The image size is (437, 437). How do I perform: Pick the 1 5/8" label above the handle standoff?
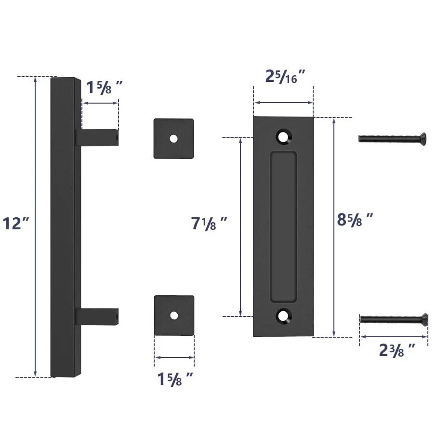104,88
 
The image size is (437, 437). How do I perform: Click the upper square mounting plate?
173,139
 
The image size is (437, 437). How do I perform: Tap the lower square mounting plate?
174,316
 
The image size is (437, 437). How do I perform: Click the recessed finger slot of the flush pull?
283,226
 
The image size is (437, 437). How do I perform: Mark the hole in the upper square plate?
173,139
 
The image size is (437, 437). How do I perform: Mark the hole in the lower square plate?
174,316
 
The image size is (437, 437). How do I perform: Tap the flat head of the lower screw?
424,318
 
